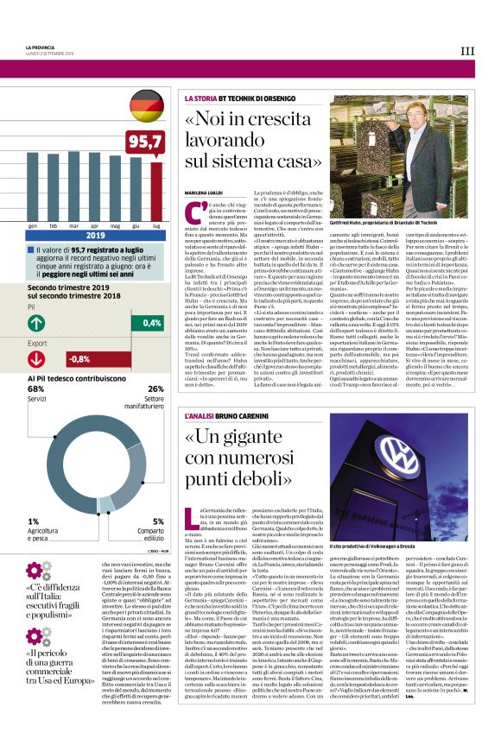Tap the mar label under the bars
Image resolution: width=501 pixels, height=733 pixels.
pyautogui.click(x=73, y=225)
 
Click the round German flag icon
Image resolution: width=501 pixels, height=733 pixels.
pyautogui.click(x=146, y=107)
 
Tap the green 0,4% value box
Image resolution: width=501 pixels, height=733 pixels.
pyautogui.click(x=146, y=322)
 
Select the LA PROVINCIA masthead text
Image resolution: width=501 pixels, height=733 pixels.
pyautogui.click(x=40, y=47)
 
